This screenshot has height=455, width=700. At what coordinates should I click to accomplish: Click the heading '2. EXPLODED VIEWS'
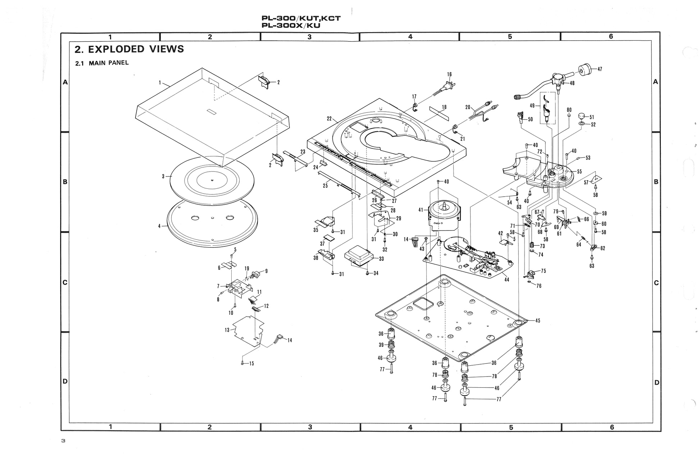(x=129, y=49)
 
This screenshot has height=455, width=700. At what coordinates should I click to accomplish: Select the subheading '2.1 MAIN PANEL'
(x=102, y=63)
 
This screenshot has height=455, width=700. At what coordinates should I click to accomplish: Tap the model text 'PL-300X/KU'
(x=291, y=26)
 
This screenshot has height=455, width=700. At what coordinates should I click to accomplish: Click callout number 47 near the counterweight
(x=599, y=69)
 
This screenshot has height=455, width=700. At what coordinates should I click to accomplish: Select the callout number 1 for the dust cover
(x=160, y=82)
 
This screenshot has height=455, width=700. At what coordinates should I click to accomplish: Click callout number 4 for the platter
(x=159, y=226)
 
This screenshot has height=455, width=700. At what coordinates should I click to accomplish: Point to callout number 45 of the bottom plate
(x=537, y=321)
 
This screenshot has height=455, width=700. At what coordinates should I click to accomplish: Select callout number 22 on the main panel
(x=329, y=119)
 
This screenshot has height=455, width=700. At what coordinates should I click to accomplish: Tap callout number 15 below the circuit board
(x=251, y=363)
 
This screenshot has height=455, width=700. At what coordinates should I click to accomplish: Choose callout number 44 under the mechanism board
(x=506, y=280)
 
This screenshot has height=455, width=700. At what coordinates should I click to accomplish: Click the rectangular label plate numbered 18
(x=439, y=114)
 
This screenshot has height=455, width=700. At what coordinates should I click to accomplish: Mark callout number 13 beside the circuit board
(x=227, y=330)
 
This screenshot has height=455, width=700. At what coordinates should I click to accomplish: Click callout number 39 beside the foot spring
(x=381, y=345)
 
